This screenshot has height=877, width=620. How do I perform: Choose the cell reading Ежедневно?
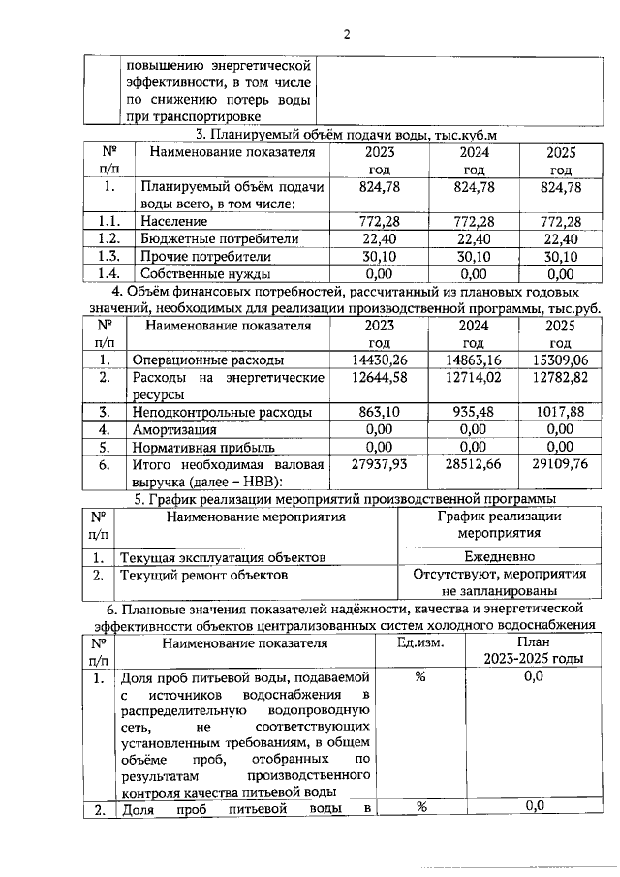tap(499, 557)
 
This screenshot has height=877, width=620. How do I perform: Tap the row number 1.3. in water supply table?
tap(109, 256)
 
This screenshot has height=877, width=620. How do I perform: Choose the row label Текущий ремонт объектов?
tap(203, 575)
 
